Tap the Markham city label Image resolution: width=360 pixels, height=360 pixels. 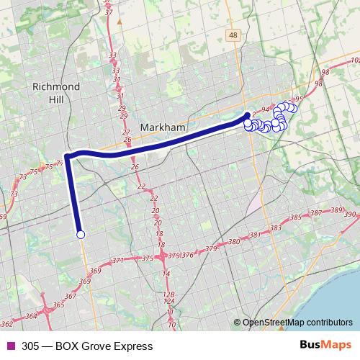tap(163, 127)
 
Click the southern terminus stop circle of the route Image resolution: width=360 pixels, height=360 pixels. tap(81, 234)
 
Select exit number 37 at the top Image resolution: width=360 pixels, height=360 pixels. tap(109, 12)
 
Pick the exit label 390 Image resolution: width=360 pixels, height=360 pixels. tap(351, 215)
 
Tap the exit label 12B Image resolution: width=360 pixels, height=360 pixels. tap(169, 294)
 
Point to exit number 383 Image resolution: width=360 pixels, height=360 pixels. tap(274, 228)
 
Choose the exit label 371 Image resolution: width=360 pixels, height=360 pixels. tap(118, 260)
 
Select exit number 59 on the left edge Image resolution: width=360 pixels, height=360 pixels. tap(3, 216)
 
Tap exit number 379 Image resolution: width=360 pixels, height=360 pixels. tap(210, 248)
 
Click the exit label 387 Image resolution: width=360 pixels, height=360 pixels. tap(315, 213)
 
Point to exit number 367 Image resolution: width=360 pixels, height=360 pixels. tap(70, 296)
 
